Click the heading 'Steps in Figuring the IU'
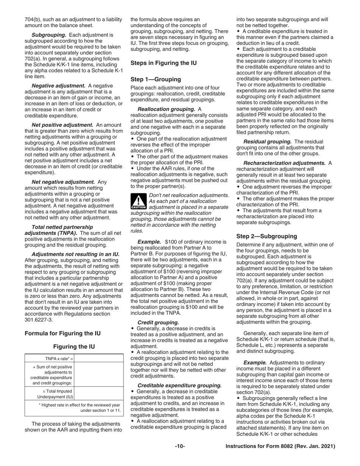[x=163, y=63]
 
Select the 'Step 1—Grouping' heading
[x=156, y=79]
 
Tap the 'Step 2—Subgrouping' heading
[x=267, y=236]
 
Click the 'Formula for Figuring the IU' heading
[x=63, y=333]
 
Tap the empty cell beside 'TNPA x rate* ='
[x=99, y=358]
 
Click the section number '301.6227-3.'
[x=39, y=319]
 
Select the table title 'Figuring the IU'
[x=74, y=347]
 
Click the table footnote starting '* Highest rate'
[x=80, y=408]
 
